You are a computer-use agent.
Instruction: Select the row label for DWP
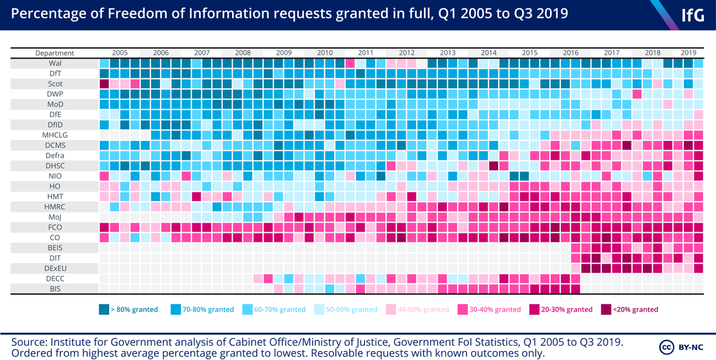(54, 94)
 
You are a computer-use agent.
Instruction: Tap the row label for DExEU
(54, 268)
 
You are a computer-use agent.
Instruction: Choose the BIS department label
(54, 289)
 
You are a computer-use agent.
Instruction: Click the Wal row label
(54, 63)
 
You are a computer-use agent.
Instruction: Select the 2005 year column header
(119, 53)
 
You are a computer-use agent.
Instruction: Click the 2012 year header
(407, 53)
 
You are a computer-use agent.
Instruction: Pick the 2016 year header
(570, 53)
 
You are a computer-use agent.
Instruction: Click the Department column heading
(54, 53)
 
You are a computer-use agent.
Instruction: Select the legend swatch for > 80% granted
(104, 309)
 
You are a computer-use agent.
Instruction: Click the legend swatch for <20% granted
(607, 309)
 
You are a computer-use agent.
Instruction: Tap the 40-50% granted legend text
(424, 309)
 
